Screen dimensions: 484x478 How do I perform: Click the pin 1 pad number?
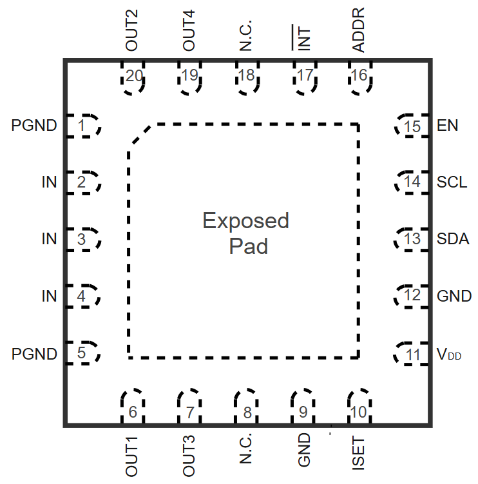tap(81, 126)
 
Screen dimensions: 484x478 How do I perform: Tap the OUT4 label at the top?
tap(189, 31)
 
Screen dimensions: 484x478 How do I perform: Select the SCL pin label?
tap(452, 182)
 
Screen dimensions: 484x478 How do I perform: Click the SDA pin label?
tap(453, 239)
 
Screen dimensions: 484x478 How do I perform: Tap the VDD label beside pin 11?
tap(450, 354)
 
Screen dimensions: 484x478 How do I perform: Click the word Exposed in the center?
tap(245, 221)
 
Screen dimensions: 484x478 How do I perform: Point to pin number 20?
tap(134, 76)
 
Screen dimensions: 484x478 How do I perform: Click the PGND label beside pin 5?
tap(34, 354)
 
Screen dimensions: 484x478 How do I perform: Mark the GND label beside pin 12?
tap(454, 296)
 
